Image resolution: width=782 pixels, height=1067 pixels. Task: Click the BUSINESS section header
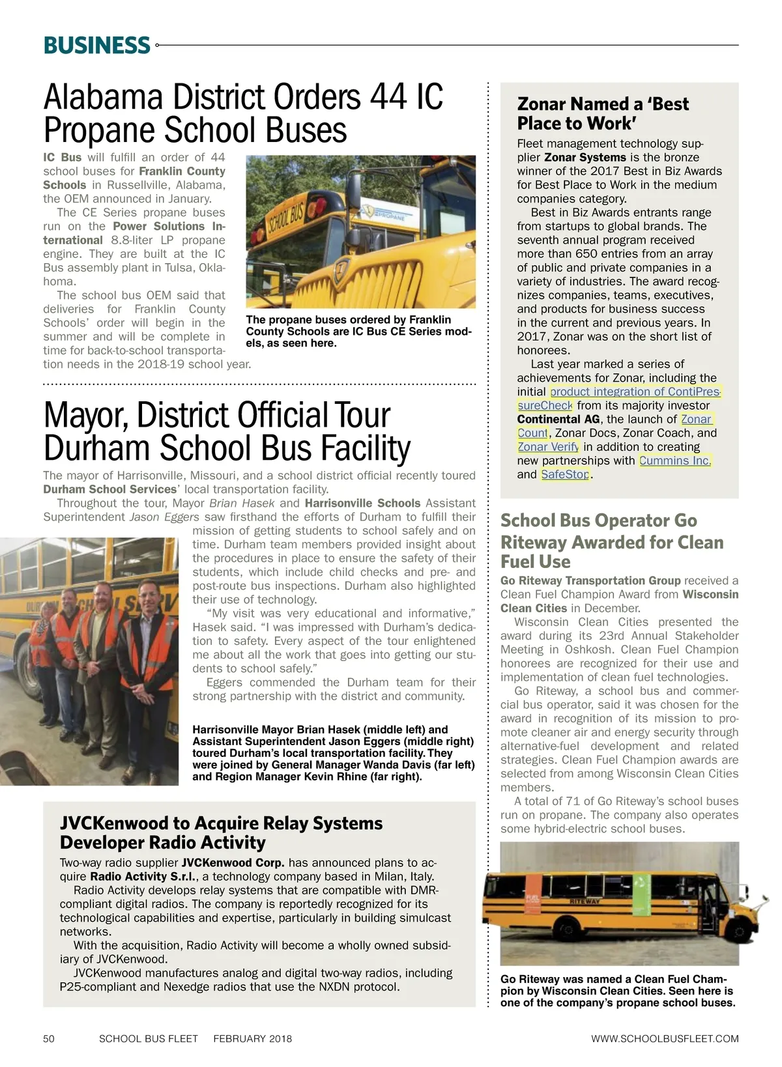(x=96, y=45)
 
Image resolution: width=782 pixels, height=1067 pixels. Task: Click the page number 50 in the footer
(x=49, y=1038)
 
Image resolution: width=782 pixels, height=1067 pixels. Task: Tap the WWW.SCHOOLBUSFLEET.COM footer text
(x=665, y=1038)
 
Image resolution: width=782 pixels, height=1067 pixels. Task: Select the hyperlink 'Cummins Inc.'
(x=675, y=461)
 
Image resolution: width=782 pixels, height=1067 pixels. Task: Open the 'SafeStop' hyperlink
(x=565, y=474)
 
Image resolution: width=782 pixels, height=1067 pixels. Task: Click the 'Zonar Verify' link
(x=548, y=447)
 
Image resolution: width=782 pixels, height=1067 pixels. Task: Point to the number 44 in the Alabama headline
(x=388, y=97)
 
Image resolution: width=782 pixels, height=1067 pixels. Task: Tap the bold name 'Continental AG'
(x=558, y=420)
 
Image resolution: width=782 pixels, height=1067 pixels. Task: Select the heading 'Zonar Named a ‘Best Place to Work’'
(x=602, y=113)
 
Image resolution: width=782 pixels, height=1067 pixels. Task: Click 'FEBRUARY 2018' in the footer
(x=253, y=1038)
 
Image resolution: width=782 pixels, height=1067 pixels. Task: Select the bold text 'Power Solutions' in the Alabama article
(x=158, y=226)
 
